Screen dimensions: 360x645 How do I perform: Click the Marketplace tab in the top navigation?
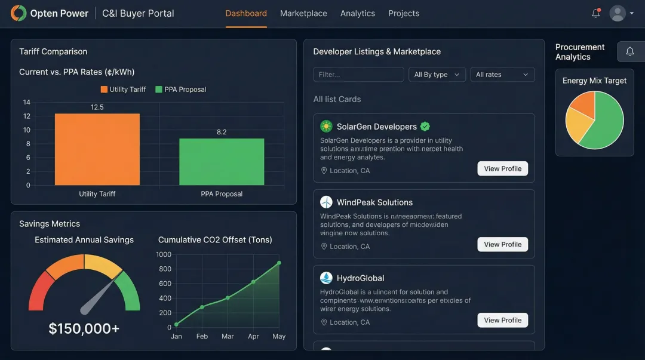tap(303, 13)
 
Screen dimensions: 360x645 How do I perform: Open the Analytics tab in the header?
tap(358, 13)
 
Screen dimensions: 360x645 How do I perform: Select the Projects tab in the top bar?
tap(404, 13)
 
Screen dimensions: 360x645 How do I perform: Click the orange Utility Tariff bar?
tap(97, 149)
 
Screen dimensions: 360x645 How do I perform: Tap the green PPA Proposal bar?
tap(222, 161)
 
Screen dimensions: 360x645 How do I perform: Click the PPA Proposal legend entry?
tap(180, 90)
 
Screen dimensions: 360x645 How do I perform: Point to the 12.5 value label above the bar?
tap(97, 107)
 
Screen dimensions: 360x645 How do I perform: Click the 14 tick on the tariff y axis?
tap(27, 102)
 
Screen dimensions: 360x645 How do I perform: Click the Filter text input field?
tap(358, 75)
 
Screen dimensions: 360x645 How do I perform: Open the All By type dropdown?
tap(437, 75)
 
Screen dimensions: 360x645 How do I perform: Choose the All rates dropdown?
tap(502, 75)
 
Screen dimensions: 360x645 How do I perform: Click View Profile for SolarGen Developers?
tap(503, 169)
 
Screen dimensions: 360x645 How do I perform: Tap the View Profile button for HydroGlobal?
tap(503, 321)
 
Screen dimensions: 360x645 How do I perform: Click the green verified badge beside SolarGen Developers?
tap(425, 127)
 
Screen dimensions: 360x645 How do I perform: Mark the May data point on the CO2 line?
tap(279, 263)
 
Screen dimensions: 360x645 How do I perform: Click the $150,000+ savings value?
tap(84, 328)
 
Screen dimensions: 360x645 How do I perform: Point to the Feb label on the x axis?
tap(202, 337)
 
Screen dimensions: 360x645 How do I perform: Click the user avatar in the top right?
tap(618, 13)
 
